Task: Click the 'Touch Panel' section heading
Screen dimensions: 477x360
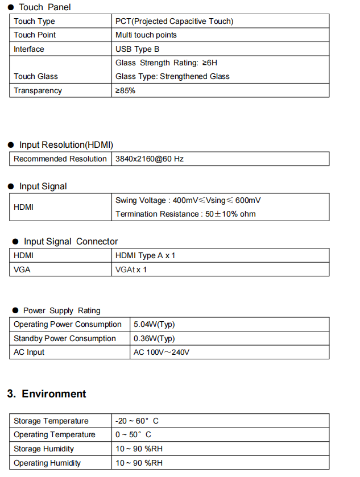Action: pyautogui.click(x=44, y=7)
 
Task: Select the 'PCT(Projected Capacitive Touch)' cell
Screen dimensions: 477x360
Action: pyautogui.click(x=174, y=21)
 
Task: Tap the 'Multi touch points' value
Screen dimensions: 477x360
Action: pyautogui.click(x=146, y=35)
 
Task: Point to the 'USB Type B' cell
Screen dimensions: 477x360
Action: pyautogui.click(x=137, y=49)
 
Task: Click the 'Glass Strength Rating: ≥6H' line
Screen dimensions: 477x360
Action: pyautogui.click(x=166, y=63)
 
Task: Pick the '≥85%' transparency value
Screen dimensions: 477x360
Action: pyautogui.click(x=125, y=90)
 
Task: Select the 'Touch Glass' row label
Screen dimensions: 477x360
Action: pyautogui.click(x=36, y=76)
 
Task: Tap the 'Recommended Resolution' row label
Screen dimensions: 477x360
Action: pyautogui.click(x=60, y=159)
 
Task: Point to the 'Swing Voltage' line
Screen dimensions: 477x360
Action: pyautogui.click(x=188, y=200)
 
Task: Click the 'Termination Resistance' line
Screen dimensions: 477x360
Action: pyautogui.click(x=185, y=214)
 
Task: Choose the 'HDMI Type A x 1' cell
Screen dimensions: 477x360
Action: pyautogui.click(x=145, y=255)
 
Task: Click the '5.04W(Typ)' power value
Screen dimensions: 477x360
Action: pyautogui.click(x=154, y=324)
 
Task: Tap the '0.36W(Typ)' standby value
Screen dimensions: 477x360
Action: pyautogui.click(x=154, y=338)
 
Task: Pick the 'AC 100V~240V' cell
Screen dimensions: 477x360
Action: pyautogui.click(x=162, y=352)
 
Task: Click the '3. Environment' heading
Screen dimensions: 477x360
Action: pyautogui.click(x=47, y=394)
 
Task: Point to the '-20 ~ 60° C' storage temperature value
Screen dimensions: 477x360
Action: pyautogui.click(x=136, y=421)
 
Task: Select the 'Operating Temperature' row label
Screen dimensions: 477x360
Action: pyautogui.click(x=55, y=434)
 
